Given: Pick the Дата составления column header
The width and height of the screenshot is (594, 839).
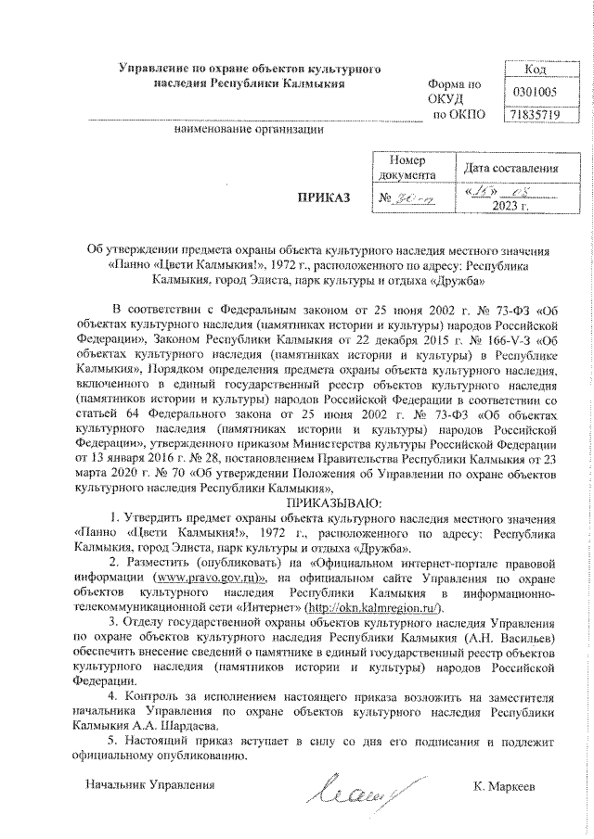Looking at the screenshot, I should [x=510, y=168].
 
